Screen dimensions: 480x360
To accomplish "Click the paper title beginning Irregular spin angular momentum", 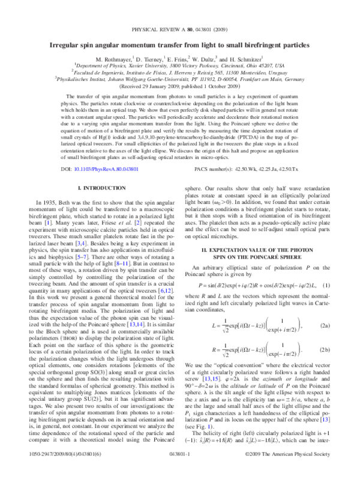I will pyautogui.click(x=179, y=46).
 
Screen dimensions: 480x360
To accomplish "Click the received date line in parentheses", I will pyautogui.click(x=179, y=85).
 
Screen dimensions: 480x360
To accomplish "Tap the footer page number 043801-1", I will pyautogui.click(x=179, y=471).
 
